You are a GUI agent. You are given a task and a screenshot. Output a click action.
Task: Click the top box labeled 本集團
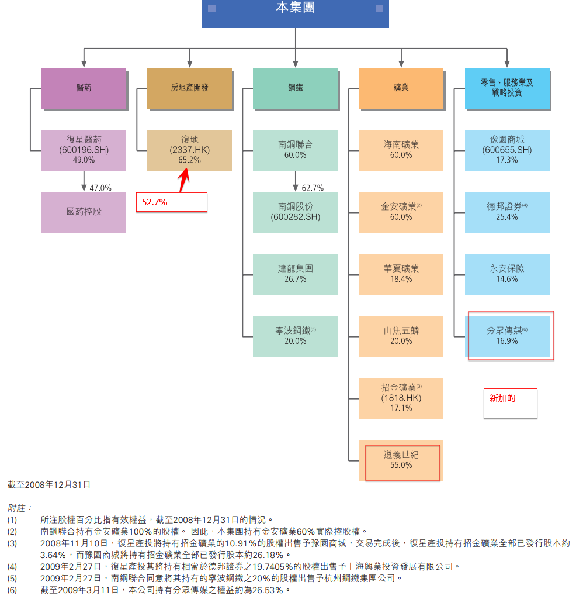point(295,13)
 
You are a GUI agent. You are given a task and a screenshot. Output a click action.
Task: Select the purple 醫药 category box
point(84,88)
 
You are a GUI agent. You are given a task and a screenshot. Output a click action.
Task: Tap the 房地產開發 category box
point(189,88)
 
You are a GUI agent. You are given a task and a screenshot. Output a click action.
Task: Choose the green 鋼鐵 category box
point(295,88)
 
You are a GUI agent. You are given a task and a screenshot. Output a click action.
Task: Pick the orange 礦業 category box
point(401,88)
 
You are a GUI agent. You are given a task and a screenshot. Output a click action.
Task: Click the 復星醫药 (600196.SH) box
point(84,150)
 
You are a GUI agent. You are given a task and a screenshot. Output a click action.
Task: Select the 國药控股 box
point(84,212)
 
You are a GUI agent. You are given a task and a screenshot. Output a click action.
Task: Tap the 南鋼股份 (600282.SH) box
point(295,212)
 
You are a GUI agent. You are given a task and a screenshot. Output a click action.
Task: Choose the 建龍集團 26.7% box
point(295,274)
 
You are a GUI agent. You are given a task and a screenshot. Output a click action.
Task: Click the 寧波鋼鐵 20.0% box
point(295,336)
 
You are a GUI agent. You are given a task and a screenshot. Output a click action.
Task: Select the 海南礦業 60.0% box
point(401,150)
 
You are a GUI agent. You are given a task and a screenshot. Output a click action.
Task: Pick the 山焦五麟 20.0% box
point(401,336)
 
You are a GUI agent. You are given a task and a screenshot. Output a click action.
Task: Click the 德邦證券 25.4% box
point(507,212)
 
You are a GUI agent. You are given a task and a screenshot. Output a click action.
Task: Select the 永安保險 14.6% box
point(507,274)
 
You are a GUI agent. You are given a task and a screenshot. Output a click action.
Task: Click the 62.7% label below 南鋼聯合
point(313,188)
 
